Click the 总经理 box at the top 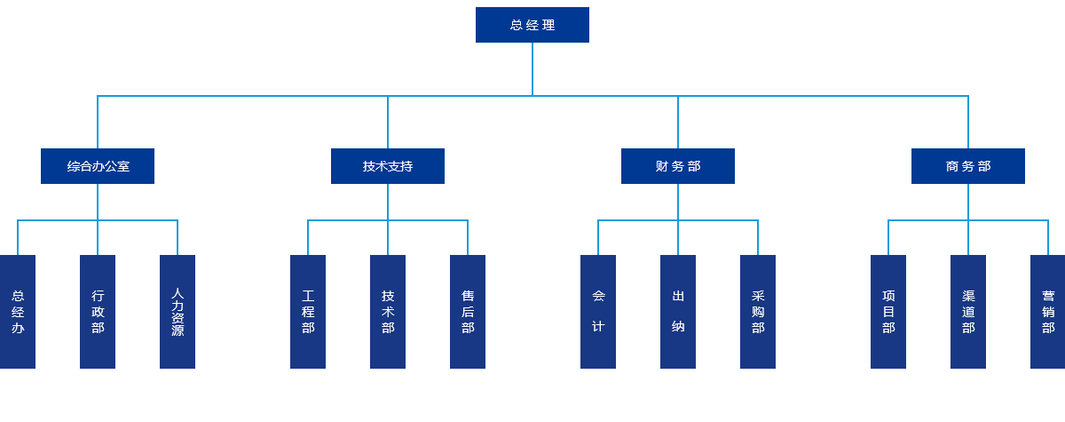(532, 25)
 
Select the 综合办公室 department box (98, 166)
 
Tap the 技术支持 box (388, 166)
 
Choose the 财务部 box (677, 166)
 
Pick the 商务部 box (968, 166)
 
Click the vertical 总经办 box (18, 312)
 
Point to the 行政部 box (98, 312)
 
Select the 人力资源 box (177, 312)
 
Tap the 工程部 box (308, 312)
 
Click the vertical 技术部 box (388, 312)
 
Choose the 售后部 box (468, 312)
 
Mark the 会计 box (598, 312)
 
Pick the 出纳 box (678, 312)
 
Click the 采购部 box (758, 312)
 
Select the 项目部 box (888, 312)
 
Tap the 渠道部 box (968, 312)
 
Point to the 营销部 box (1048, 312)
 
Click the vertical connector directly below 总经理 (532, 69)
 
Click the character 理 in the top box (548, 25)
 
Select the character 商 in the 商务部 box (951, 166)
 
